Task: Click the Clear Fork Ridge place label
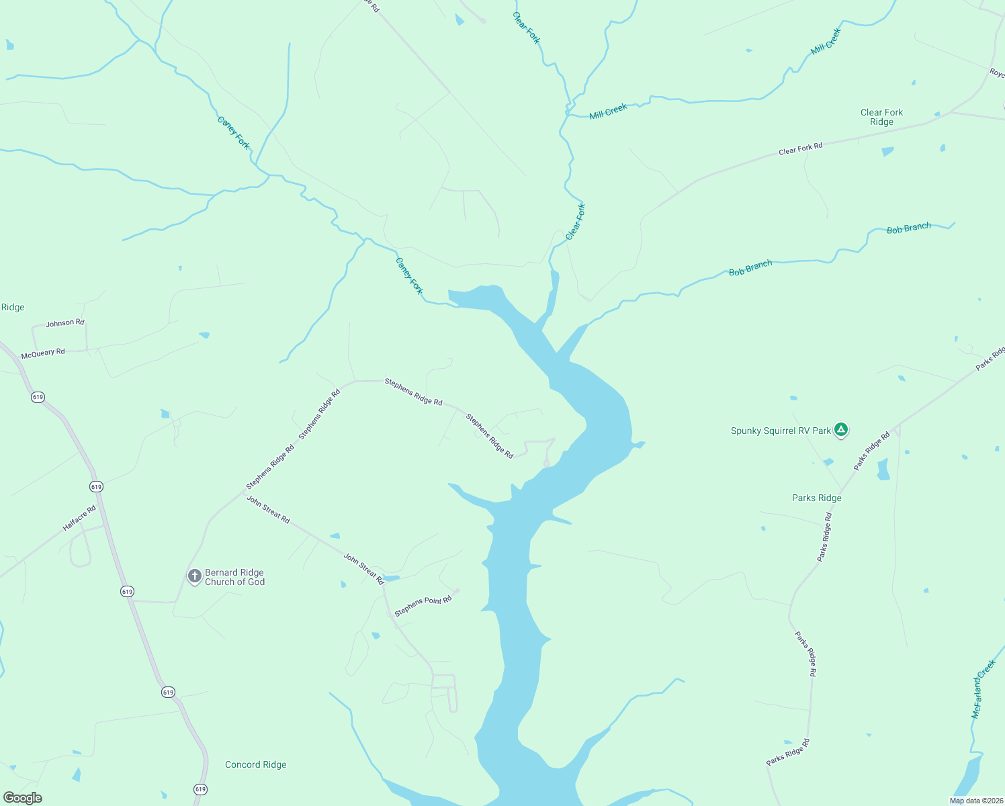pyautogui.click(x=881, y=117)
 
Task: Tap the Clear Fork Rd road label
pyautogui.click(x=800, y=148)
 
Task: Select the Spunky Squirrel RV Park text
pyautogui.click(x=781, y=431)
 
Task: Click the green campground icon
pyautogui.click(x=840, y=430)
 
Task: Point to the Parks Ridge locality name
pyautogui.click(x=816, y=498)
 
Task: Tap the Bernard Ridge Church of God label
pyautogui.click(x=234, y=577)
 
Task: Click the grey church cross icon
pyautogui.click(x=194, y=576)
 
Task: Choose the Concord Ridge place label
pyautogui.click(x=255, y=764)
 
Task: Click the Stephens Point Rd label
pyautogui.click(x=423, y=605)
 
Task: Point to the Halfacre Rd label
pyautogui.click(x=79, y=519)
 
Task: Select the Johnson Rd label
pyautogui.click(x=65, y=323)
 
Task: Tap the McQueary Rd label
pyautogui.click(x=43, y=353)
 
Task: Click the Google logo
pyautogui.click(x=23, y=797)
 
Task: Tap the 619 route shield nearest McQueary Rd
pyautogui.click(x=38, y=397)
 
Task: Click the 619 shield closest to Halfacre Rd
pyautogui.click(x=96, y=486)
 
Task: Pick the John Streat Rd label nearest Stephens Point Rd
pyautogui.click(x=363, y=568)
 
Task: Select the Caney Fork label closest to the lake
pyautogui.click(x=409, y=276)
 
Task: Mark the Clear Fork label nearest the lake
pyautogui.click(x=575, y=222)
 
